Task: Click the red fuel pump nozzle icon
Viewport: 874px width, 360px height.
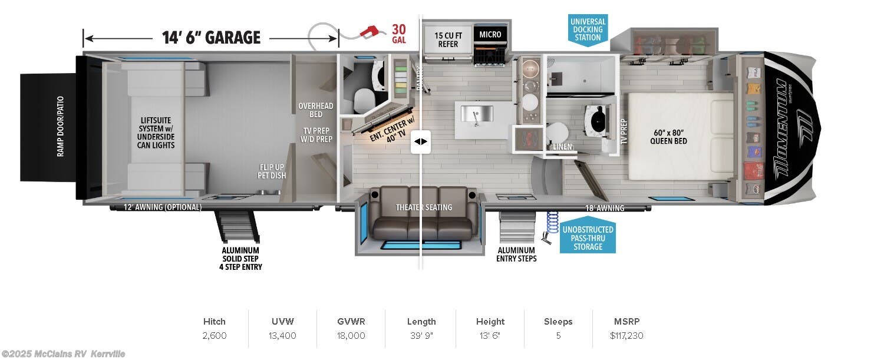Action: [371, 31]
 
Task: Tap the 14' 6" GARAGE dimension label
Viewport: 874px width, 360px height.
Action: [211, 38]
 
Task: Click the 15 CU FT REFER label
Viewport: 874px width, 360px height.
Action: [448, 39]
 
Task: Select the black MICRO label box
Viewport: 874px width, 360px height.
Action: [490, 35]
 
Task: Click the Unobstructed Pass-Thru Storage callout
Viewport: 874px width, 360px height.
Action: [588, 238]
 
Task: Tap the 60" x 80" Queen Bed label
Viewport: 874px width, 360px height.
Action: [668, 136]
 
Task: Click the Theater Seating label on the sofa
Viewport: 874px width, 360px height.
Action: [424, 207]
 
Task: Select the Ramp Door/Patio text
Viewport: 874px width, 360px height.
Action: [60, 126]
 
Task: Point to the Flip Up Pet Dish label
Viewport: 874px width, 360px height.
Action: [271, 171]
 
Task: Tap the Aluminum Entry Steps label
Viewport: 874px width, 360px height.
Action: [517, 254]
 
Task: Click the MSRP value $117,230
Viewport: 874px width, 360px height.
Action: [626, 336]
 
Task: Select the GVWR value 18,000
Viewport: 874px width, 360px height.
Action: [351, 336]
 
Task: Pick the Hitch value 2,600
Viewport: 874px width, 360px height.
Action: [215, 336]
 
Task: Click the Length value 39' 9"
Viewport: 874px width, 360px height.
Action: [421, 336]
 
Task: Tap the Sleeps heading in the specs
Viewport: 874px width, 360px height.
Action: [558, 322]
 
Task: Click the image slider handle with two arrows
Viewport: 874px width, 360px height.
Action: [421, 142]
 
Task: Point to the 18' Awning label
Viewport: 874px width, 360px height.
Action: [605, 208]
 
